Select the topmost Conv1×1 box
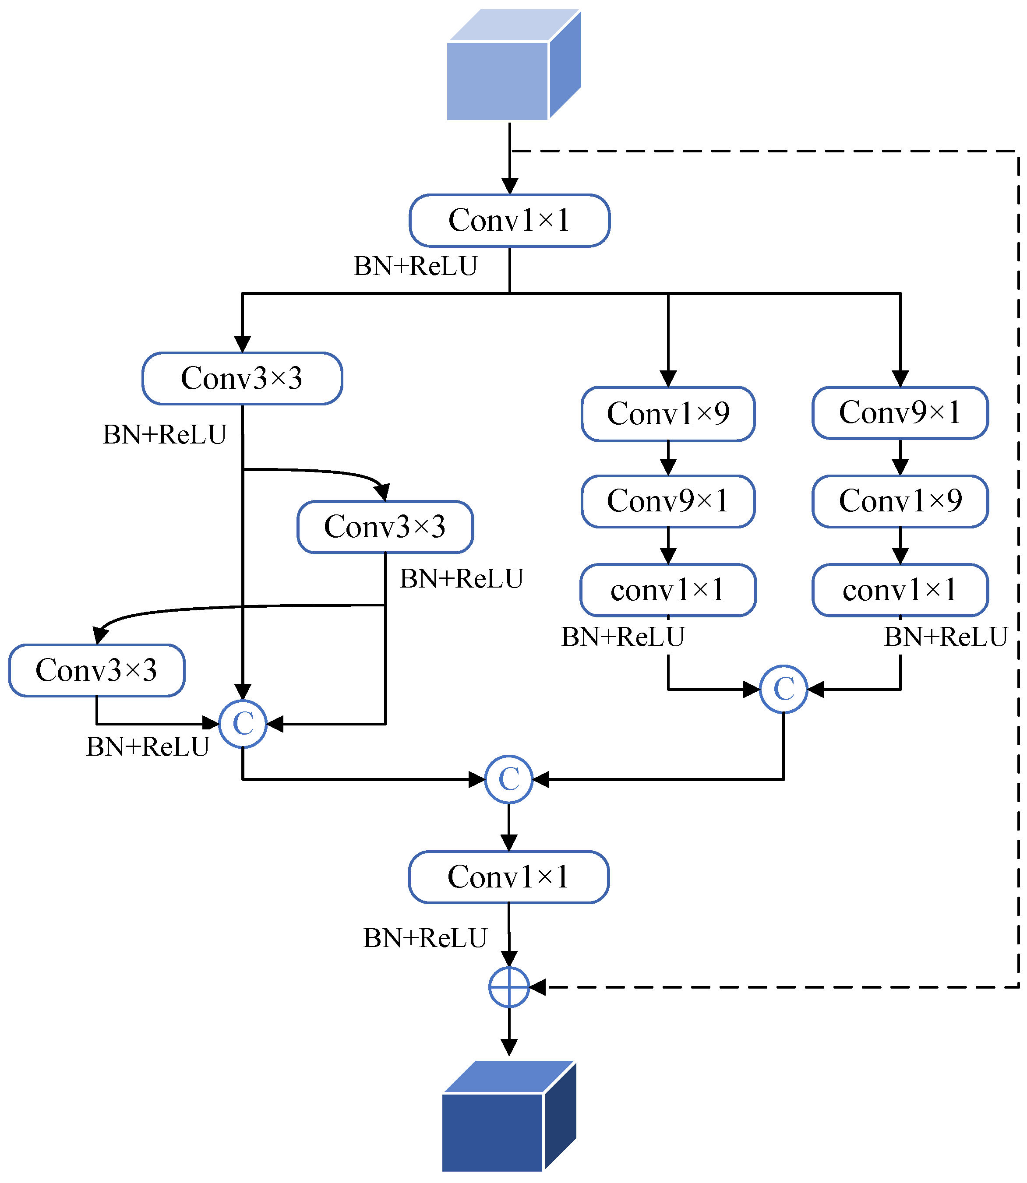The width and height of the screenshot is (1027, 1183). (x=509, y=221)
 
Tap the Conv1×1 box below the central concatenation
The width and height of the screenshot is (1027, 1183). (x=509, y=877)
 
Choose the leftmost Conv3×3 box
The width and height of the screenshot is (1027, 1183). (x=97, y=670)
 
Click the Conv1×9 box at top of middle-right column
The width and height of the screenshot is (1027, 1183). (x=668, y=414)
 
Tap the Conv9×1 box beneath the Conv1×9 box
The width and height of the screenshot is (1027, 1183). (x=668, y=501)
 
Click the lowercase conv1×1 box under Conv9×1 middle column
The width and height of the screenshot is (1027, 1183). (x=668, y=590)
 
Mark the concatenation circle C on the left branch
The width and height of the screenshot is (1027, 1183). (x=243, y=724)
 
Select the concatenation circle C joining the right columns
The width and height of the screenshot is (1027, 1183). (x=783, y=689)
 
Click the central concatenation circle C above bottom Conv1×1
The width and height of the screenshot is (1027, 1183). (x=509, y=779)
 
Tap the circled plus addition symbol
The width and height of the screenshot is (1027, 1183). (x=509, y=987)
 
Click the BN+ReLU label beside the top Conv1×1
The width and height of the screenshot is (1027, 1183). (x=416, y=266)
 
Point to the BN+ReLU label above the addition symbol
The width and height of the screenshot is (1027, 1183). (x=425, y=938)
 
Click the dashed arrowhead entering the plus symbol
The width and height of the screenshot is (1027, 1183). (x=537, y=987)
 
